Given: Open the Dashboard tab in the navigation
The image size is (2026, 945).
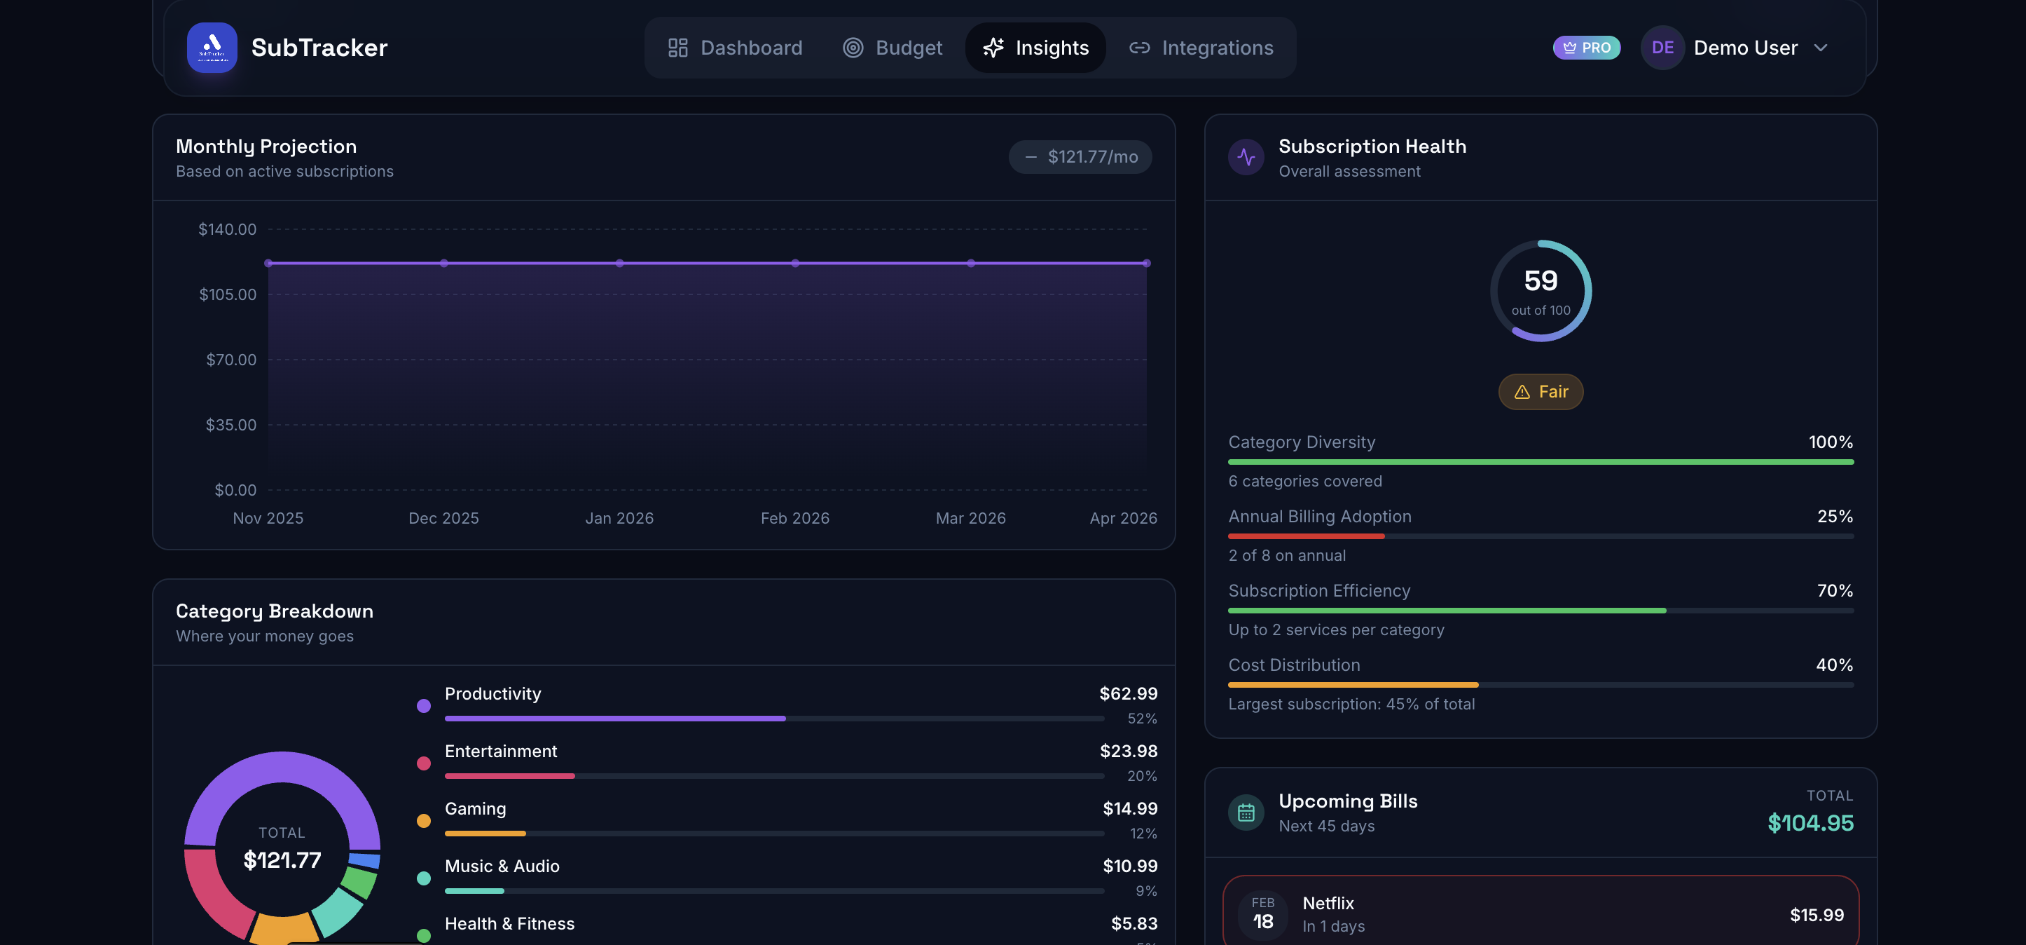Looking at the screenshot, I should coord(735,48).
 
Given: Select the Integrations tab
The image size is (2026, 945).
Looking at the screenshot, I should coord(1201,48).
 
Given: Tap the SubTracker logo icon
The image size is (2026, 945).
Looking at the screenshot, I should coord(212,47).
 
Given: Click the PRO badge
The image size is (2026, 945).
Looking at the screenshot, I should coord(1585,48).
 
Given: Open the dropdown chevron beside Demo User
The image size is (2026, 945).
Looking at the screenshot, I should coord(1820,48).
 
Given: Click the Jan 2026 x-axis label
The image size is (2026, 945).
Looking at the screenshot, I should coord(619,518).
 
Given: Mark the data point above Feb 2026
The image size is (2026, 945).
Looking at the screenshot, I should coord(795,263).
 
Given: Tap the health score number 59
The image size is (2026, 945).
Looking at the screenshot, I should coord(1540,281).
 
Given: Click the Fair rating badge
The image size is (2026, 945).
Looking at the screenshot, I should coord(1540,392).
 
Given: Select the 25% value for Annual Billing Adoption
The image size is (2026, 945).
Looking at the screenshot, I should coord(1834,516).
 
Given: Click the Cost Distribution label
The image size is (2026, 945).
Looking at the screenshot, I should coord(1294,665).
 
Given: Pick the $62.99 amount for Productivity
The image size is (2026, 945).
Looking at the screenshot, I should coord(1128,693).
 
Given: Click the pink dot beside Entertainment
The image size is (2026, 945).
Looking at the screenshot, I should coord(423,763).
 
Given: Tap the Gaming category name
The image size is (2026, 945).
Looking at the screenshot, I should coord(475,808).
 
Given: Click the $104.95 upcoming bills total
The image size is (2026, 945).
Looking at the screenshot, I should coord(1810,823).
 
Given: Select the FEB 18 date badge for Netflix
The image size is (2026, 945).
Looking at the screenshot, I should coord(1262,913).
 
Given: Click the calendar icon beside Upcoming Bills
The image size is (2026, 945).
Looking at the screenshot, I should coord(1246,813).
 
